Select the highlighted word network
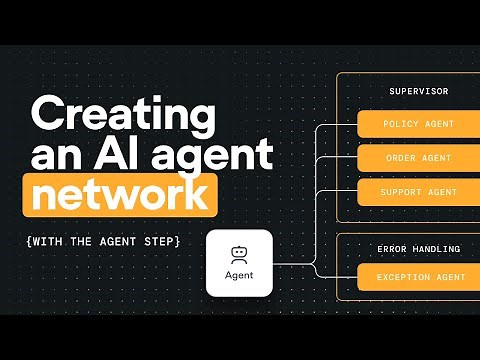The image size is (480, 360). click(122, 194)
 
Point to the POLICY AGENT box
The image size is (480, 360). click(418, 125)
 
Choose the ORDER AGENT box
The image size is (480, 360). click(418, 159)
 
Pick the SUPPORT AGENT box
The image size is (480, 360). click(418, 192)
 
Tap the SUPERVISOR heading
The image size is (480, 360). click(418, 92)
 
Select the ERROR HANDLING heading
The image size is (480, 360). click(418, 248)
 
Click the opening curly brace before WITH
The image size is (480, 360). click(35, 242)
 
